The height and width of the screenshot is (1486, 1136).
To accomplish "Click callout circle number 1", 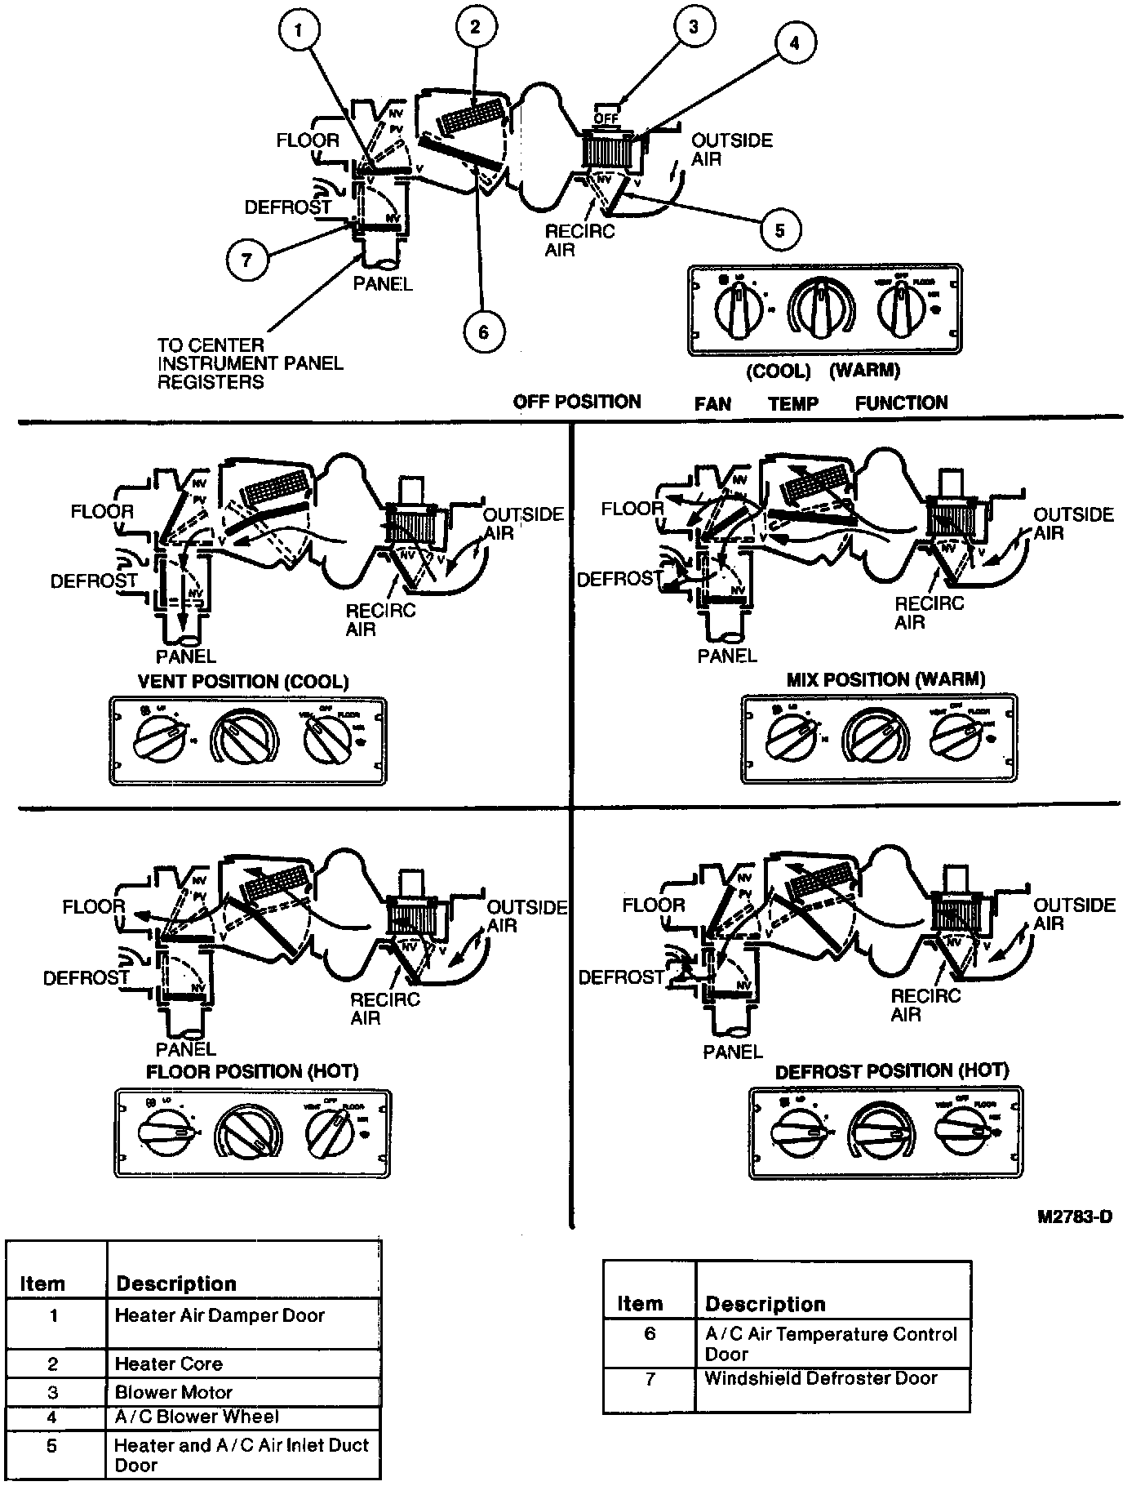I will [299, 32].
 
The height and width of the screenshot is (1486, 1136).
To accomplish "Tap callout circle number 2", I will [475, 26].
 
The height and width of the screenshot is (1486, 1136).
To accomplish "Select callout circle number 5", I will [779, 230].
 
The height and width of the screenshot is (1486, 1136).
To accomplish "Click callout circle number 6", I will [483, 332].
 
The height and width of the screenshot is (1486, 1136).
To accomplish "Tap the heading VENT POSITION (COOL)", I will [243, 681].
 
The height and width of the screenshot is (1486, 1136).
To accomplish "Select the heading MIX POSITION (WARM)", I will [885, 679].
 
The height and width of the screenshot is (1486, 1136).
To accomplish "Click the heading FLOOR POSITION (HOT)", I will [252, 1071].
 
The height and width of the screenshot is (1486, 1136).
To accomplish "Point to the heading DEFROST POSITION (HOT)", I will [891, 1070].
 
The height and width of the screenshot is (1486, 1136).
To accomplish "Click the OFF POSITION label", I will [577, 402].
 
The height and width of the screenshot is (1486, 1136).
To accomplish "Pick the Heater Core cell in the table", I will [169, 1364].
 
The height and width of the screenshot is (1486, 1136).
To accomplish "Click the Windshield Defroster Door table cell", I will [821, 1378].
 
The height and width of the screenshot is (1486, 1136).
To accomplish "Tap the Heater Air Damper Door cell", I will [220, 1315].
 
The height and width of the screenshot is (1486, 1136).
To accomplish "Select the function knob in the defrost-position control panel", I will [965, 1132].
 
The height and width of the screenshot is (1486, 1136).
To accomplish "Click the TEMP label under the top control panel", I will [793, 403].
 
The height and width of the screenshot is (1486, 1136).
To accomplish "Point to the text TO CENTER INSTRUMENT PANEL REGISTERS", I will [250, 364].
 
